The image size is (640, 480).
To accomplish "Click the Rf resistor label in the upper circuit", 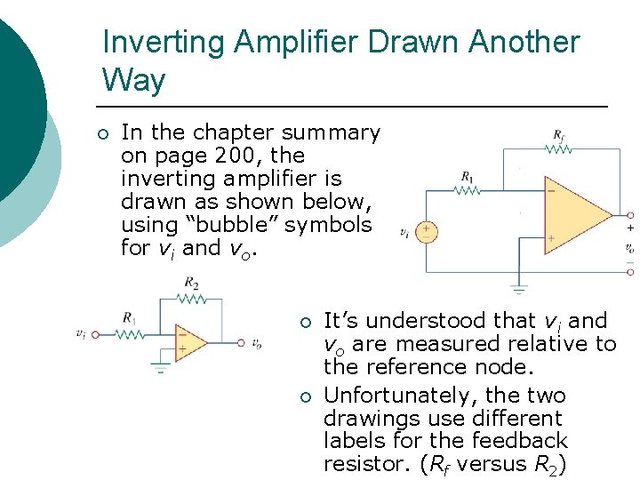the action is tap(558, 135).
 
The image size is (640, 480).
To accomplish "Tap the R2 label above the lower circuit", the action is tap(191, 284).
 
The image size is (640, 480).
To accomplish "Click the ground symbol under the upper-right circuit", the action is tap(519, 288).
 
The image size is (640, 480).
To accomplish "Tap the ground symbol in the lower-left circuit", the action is tap(160, 365).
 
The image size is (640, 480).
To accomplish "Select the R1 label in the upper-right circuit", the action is tap(468, 176).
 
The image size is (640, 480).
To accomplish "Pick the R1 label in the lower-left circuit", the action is tap(130, 317).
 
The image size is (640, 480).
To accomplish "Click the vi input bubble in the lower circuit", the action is tap(94, 334).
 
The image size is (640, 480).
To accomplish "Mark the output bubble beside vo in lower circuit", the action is tap(240, 342).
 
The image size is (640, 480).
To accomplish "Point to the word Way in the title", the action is tap(133, 81).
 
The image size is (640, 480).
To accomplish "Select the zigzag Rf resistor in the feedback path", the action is tap(558, 149).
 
